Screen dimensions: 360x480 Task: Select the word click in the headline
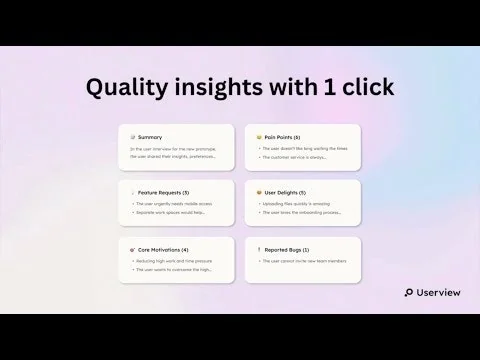[x=367, y=87]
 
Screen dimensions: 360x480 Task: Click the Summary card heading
[x=151, y=137]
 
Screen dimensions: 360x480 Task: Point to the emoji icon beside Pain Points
[x=259, y=137]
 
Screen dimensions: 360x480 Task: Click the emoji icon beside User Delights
[x=259, y=191]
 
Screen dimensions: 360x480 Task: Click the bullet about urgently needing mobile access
[x=175, y=203]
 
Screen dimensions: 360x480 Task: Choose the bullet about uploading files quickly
[x=299, y=203]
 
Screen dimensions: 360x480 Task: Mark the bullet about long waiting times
[x=304, y=149]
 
